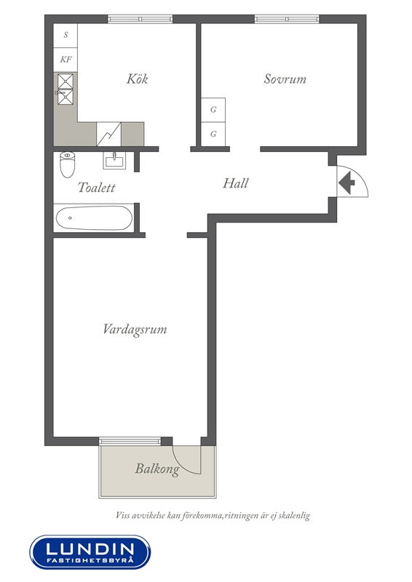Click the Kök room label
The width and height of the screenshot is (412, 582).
point(137,79)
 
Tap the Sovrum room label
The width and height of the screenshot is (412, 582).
point(285,79)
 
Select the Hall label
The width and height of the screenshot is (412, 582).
point(236,183)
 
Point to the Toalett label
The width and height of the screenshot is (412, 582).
point(97,188)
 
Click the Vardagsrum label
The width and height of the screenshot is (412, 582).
point(135,330)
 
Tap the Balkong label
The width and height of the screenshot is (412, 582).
point(157,469)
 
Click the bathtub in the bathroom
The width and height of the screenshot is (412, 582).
point(94,218)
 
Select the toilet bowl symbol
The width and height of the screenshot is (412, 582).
point(67,164)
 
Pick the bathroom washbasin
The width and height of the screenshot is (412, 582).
point(114,160)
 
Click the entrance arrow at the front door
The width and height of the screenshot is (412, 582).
point(347,183)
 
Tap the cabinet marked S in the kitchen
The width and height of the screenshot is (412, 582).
point(66,35)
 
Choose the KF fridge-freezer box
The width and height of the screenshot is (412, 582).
point(66,60)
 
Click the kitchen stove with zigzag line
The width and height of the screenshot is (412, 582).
point(109,134)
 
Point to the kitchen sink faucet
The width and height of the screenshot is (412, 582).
point(59,92)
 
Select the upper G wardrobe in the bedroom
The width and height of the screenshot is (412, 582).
point(213,110)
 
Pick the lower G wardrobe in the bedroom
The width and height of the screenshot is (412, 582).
point(213,134)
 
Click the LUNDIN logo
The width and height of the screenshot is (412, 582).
point(90,552)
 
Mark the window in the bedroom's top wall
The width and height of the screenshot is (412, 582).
point(287,19)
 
